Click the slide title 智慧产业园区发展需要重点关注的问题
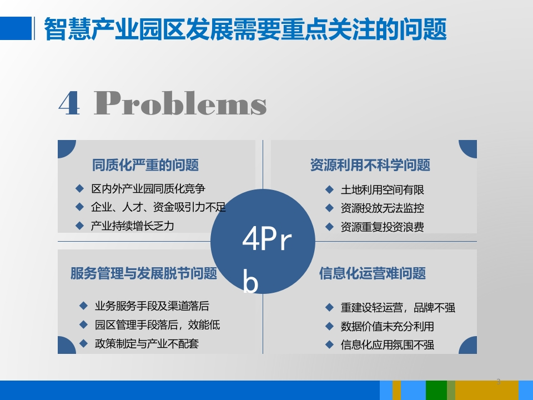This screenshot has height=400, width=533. click(x=245, y=29)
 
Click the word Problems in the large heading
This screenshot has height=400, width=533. click(x=180, y=103)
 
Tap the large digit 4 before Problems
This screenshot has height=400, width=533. click(x=69, y=103)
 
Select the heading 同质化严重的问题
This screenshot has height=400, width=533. click(x=145, y=165)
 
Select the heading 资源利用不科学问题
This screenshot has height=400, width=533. click(x=370, y=165)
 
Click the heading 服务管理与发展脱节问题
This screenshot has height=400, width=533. click(x=144, y=273)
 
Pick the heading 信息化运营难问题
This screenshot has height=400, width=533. click(x=373, y=273)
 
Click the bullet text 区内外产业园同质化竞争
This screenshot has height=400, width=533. click(x=148, y=189)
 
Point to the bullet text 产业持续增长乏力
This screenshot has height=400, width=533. click(x=133, y=226)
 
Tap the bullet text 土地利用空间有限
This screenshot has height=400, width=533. click(x=383, y=190)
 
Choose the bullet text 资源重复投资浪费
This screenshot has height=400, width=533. click(x=383, y=227)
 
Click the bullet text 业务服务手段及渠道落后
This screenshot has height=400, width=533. click(x=152, y=306)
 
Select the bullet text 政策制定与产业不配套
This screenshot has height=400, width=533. click(x=147, y=343)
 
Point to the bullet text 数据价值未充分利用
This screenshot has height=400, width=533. click(x=388, y=327)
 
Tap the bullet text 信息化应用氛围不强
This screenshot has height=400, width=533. click(x=388, y=345)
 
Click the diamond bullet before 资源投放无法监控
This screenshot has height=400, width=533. click(x=329, y=208)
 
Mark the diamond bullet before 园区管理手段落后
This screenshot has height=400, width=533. click(x=83, y=324)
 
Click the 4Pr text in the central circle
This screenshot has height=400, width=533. click(x=267, y=239)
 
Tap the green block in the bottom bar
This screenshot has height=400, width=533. click(x=436, y=390)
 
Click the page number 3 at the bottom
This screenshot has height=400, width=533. click(x=499, y=382)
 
